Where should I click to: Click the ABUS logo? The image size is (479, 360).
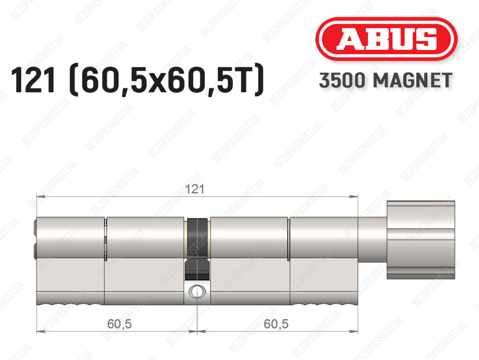coord(386,39)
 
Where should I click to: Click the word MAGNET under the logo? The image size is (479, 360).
coord(413,81)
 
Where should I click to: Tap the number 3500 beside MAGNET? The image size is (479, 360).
coord(342,81)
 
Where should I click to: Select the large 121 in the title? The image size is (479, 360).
coord(33,80)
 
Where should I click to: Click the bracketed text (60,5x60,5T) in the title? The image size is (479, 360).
coord(167,80)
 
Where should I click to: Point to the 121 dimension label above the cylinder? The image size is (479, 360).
coord(195,189)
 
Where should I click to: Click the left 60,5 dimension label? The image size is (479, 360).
coord(119,323)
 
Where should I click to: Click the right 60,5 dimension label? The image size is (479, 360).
coord(276,323)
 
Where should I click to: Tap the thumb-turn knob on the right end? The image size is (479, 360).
coord(421,240)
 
